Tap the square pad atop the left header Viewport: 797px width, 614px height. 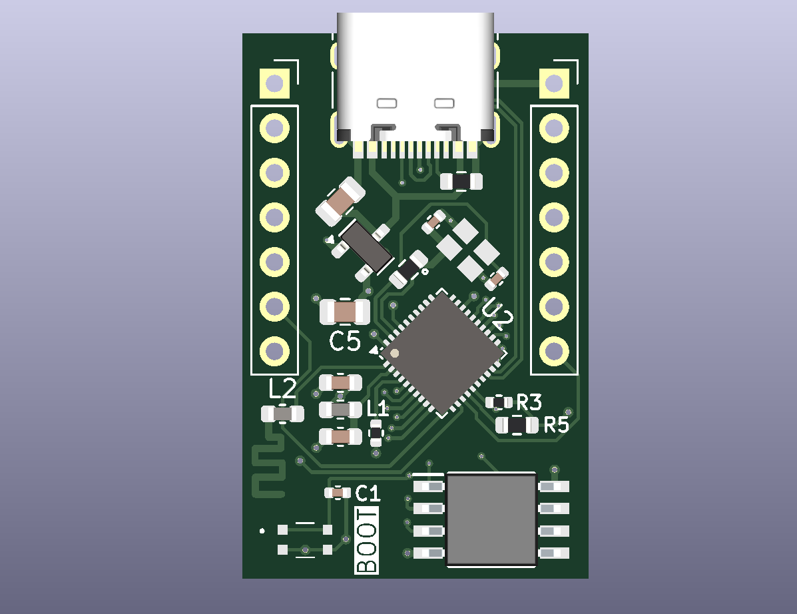(x=274, y=84)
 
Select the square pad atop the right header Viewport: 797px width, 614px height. (x=553, y=84)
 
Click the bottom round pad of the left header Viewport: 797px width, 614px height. (x=274, y=350)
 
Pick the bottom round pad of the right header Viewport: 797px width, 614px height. (x=553, y=350)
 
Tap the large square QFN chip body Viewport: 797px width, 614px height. (x=441, y=353)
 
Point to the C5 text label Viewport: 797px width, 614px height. (x=345, y=342)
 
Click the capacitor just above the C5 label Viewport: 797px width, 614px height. (x=345, y=312)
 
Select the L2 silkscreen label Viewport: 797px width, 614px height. (x=282, y=388)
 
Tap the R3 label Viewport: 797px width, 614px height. (x=529, y=402)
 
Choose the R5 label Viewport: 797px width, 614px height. (x=556, y=425)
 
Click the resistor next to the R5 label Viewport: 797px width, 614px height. (x=517, y=425)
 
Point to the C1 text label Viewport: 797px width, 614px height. (x=368, y=493)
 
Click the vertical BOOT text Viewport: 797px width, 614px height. (x=367, y=540)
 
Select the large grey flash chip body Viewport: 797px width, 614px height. (x=491, y=519)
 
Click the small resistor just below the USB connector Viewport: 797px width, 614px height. (x=461, y=180)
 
